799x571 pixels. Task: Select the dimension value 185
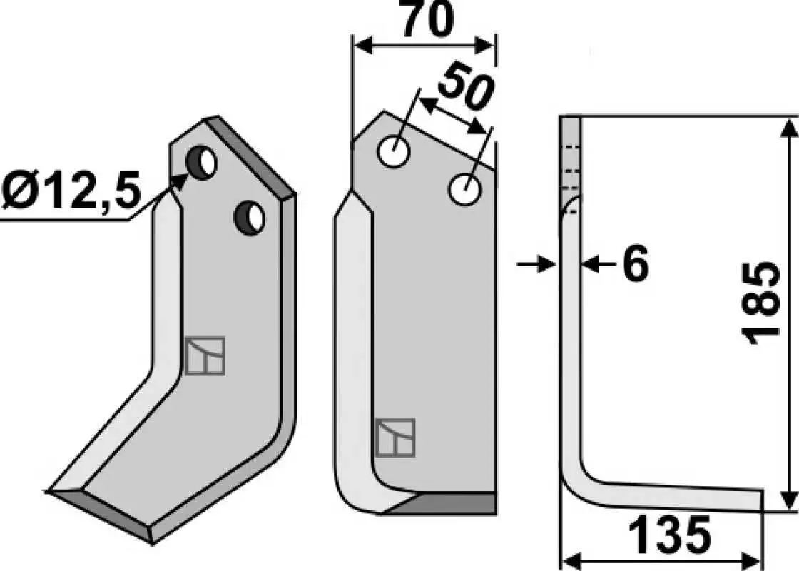[761, 304]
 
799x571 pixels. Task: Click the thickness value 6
[636, 263]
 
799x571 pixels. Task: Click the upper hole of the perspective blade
[201, 162]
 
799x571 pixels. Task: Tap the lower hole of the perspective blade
[249, 218]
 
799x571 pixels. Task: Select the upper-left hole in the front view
[393, 151]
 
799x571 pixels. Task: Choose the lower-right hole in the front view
[464, 190]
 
